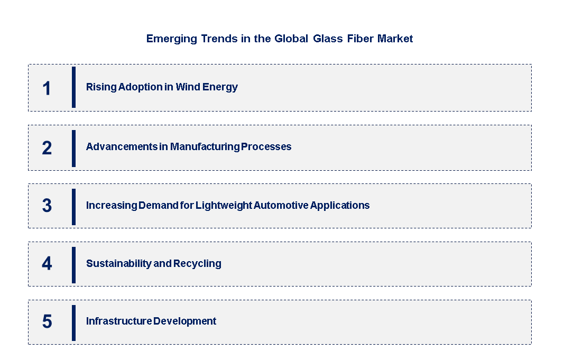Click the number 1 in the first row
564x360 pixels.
[47, 88]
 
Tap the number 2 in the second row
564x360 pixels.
[47, 148]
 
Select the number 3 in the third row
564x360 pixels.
[47, 205]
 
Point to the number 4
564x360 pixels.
[47, 263]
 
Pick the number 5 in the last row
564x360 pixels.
[47, 321]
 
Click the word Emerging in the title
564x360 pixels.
[172, 39]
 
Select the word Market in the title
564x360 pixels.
[395, 39]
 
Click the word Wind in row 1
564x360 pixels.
[188, 87]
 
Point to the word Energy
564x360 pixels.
[220, 87]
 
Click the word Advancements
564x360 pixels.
[122, 147]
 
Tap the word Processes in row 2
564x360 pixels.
[266, 147]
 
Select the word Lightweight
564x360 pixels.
[224, 206]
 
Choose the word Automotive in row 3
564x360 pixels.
[281, 205]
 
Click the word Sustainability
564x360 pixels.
[119, 264]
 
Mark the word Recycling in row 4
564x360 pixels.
[197, 264]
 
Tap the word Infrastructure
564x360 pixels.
[119, 321]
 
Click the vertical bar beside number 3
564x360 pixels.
[73, 207]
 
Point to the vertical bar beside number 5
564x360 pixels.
[73, 323]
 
